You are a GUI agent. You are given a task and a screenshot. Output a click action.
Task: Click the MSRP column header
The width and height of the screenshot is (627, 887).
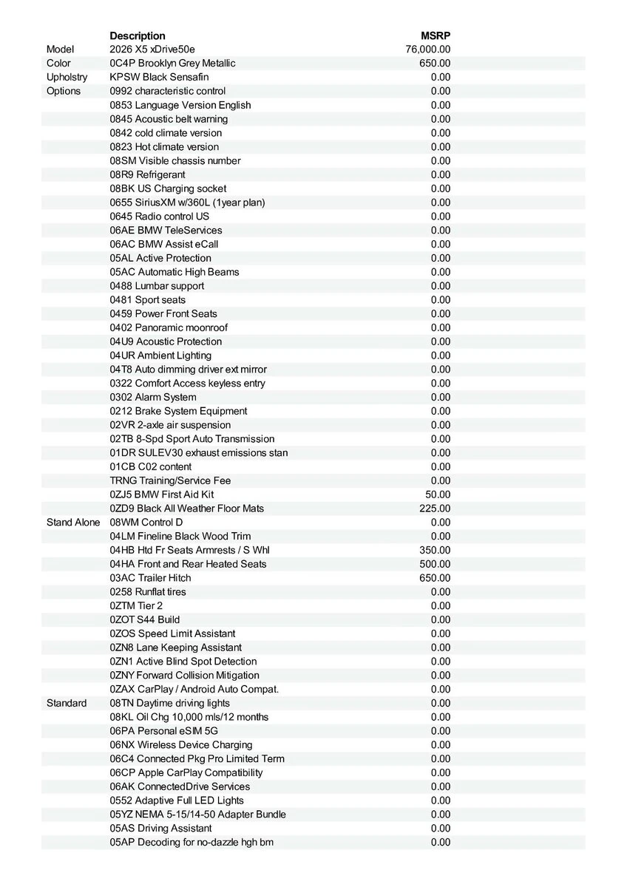pyautogui.click(x=435, y=35)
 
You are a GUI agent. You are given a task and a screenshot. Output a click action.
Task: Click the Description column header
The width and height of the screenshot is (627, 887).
pyautogui.click(x=138, y=35)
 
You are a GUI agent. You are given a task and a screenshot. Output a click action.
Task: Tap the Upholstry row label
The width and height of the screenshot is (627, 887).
pyautogui.click(x=67, y=77)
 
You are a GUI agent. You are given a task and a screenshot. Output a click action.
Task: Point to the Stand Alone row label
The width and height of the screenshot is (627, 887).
pyautogui.click(x=73, y=523)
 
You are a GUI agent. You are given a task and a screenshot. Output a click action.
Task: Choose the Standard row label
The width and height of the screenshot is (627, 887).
pyautogui.click(x=67, y=703)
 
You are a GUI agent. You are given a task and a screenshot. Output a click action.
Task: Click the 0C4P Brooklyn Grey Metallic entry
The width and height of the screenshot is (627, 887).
pyautogui.click(x=172, y=64)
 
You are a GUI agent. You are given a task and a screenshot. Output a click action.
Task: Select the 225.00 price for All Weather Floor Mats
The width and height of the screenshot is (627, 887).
pyautogui.click(x=435, y=509)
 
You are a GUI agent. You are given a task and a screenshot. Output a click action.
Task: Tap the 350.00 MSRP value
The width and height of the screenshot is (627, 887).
pyautogui.click(x=435, y=550)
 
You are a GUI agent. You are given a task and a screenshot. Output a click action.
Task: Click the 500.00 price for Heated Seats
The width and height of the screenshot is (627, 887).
pyautogui.click(x=435, y=564)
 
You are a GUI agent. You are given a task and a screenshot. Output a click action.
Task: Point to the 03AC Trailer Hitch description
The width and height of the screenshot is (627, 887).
pyautogui.click(x=150, y=578)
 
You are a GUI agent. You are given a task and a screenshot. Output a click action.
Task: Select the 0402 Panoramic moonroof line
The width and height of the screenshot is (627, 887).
pyautogui.click(x=169, y=327)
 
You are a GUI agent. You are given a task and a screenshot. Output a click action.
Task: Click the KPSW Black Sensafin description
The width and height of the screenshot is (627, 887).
pyautogui.click(x=159, y=77)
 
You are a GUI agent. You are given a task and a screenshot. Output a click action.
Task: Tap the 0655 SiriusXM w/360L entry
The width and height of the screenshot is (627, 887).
pyautogui.click(x=187, y=203)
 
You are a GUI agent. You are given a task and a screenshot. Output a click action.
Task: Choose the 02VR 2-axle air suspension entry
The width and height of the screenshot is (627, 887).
pyautogui.click(x=170, y=425)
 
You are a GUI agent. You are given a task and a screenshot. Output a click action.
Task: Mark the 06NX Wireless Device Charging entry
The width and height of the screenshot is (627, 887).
pyautogui.click(x=181, y=745)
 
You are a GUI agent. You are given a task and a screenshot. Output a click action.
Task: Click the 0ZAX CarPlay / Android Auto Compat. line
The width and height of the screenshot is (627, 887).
pyautogui.click(x=194, y=689)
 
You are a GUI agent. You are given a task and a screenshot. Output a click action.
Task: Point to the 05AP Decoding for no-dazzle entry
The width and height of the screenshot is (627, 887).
pyautogui.click(x=192, y=842)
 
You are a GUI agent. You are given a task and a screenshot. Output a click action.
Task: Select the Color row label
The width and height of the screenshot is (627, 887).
pyautogui.click(x=59, y=64)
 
